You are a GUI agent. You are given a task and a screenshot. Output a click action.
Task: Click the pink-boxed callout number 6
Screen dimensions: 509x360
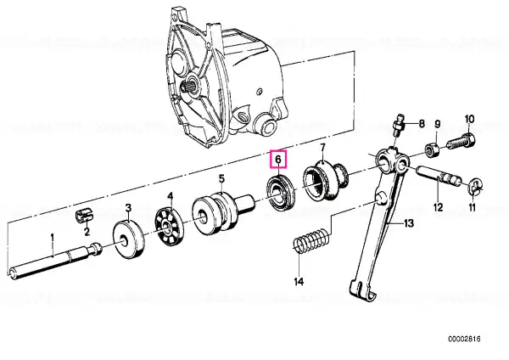(278, 160)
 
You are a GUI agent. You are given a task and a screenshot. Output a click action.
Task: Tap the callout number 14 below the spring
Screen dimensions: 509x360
(299, 282)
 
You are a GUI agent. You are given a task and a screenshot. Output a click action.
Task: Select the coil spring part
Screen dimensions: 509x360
(312, 242)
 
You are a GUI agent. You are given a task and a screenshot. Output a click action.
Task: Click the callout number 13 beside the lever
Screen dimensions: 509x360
(409, 223)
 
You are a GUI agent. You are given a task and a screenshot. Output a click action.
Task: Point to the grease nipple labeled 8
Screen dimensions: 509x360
(399, 126)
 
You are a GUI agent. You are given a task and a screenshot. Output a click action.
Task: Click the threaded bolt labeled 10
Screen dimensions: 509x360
(461, 142)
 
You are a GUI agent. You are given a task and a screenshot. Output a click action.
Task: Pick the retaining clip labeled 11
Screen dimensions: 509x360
(475, 188)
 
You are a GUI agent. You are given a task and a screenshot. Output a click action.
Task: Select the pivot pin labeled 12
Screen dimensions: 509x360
(439, 178)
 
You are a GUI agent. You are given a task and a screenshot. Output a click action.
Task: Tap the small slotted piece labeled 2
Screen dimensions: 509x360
(84, 216)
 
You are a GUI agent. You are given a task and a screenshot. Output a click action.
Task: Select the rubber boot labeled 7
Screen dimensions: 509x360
(326, 183)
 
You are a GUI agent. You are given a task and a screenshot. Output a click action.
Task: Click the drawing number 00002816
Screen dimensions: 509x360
(464, 340)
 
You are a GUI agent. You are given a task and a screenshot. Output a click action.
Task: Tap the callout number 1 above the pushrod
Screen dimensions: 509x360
(53, 239)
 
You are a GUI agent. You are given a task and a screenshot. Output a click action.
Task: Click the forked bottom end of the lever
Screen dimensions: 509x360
(363, 290)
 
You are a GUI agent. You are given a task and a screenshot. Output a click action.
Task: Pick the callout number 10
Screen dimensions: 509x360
(469, 119)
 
